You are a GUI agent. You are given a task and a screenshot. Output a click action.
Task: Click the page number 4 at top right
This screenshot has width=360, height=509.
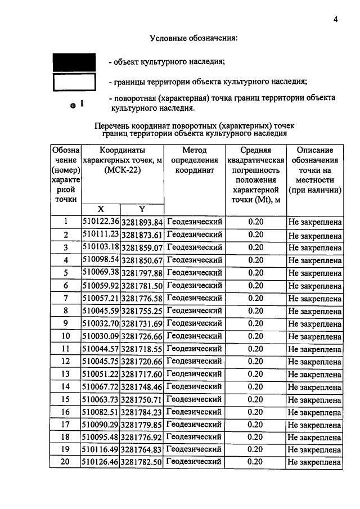335,19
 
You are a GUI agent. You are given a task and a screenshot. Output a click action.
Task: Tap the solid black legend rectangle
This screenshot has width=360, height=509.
74,62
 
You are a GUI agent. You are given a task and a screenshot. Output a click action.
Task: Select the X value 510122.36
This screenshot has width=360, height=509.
101,222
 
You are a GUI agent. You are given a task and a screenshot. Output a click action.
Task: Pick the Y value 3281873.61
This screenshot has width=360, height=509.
142,235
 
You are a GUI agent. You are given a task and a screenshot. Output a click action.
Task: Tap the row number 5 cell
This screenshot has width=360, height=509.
66,273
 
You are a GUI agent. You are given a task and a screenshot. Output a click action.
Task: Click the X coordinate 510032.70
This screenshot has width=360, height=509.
101,323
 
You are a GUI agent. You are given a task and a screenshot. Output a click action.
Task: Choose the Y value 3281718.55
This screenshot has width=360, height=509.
142,349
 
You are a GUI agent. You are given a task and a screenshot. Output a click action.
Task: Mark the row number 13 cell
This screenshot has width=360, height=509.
66,374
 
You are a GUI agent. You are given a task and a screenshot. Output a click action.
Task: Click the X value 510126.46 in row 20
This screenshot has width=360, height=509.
101,462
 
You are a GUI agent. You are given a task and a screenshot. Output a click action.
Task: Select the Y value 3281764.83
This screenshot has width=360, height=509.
142,449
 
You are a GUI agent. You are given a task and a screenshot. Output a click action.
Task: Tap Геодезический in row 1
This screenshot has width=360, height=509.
195,222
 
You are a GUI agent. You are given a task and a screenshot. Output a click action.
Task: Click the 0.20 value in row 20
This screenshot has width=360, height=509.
255,462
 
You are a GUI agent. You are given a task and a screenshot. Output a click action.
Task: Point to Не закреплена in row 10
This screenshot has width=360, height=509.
314,337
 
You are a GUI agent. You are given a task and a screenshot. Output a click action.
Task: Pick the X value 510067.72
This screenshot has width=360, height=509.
101,387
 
